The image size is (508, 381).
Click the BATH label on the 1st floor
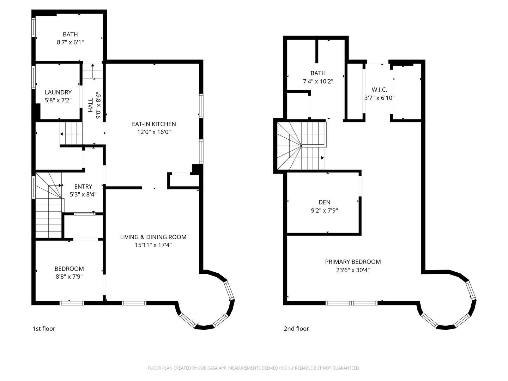pos(70,35)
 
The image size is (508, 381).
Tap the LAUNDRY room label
pos(58,92)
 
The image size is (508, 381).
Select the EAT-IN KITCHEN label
pos(154,124)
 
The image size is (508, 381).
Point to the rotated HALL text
pos(91,105)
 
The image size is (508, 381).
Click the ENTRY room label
pos(83,187)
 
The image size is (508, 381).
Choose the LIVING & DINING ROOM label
pos(153,237)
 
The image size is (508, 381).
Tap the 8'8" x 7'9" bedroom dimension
pos(69,277)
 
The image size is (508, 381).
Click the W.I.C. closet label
pos(379,90)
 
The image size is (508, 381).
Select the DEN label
pos(325,202)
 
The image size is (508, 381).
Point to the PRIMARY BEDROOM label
pos(353,262)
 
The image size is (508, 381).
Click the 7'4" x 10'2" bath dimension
pos(318,81)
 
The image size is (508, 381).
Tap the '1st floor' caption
pos(44,329)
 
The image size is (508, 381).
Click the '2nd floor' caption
pos(296,329)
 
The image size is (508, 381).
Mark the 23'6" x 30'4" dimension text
pos(353,270)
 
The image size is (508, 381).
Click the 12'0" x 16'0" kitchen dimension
pos(154,132)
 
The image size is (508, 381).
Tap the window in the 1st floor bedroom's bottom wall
pos(72,303)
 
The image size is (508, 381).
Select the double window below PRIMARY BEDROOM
pos(352,303)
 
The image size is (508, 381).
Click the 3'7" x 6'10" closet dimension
pos(379,98)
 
